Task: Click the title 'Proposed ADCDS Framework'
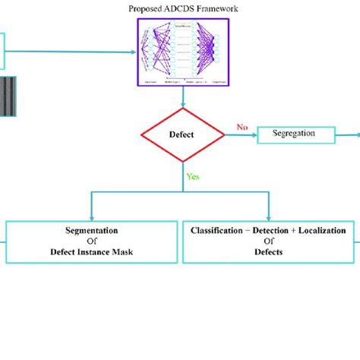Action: pyautogui.click(x=184, y=10)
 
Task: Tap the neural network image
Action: pyautogui.click(x=184, y=50)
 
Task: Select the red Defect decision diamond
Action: pyautogui.click(x=183, y=136)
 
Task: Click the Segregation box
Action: pyautogui.click(x=297, y=135)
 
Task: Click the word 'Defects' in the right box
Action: pyautogui.click(x=269, y=252)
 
